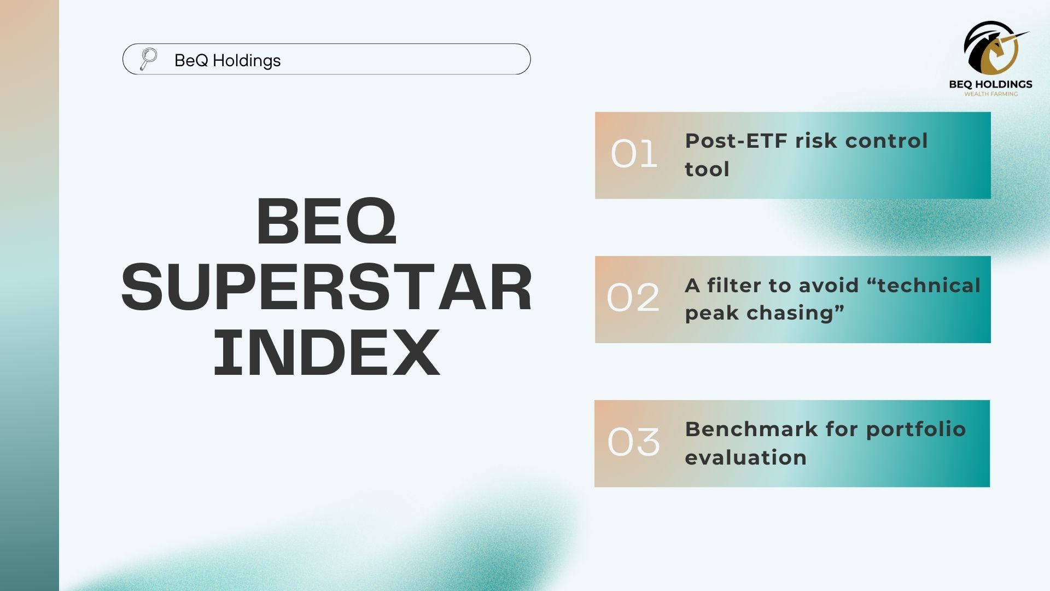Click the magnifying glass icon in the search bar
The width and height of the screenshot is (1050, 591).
[x=148, y=59]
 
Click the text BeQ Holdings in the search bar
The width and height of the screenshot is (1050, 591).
[x=227, y=60]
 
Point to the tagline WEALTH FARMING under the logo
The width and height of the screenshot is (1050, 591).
[x=991, y=94]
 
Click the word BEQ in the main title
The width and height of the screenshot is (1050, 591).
[x=326, y=222]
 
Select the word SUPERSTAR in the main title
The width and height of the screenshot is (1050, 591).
[x=326, y=287]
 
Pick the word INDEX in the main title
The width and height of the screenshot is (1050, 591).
[x=326, y=352]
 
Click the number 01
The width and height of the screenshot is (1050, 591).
[x=634, y=154]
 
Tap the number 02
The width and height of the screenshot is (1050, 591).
[x=633, y=298]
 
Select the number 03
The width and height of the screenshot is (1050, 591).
[x=634, y=442]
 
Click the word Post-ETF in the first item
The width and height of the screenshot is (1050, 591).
[x=736, y=141]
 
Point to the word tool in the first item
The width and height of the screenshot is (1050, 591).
[x=707, y=169]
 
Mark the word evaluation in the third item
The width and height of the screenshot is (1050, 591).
[x=746, y=457]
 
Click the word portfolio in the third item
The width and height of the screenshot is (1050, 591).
[x=916, y=430]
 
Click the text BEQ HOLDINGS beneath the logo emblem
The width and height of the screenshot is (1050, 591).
[x=991, y=84]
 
